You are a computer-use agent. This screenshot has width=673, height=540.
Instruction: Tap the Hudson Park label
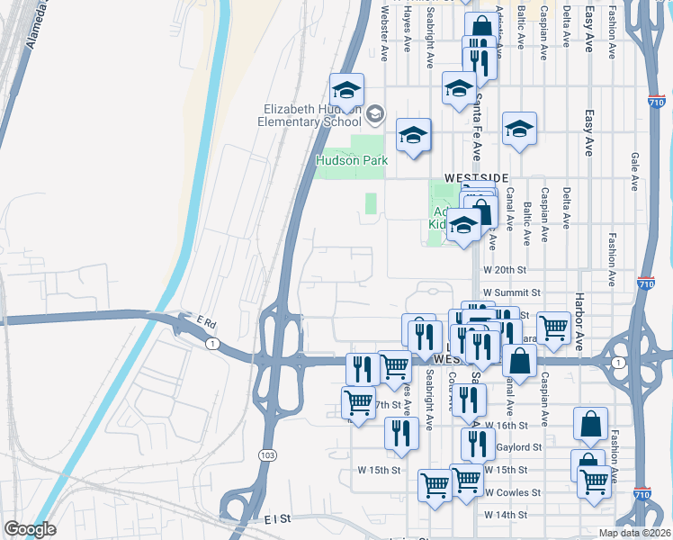(351, 160)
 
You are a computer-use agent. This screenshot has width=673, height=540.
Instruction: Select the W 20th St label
(504, 269)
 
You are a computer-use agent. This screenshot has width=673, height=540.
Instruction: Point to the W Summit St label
(511, 292)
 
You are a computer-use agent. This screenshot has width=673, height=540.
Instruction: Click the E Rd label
(208, 322)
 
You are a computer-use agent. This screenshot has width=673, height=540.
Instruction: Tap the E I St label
(280, 519)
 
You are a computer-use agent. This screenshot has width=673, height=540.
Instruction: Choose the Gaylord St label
(520, 446)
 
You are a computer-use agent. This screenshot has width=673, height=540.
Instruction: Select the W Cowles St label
(512, 492)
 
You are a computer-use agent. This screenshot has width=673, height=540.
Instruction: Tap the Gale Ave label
(634, 170)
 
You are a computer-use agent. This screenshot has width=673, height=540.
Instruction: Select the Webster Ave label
(384, 34)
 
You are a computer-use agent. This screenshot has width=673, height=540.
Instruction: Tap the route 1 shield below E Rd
(210, 344)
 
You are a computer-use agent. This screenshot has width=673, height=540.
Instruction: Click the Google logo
(30, 528)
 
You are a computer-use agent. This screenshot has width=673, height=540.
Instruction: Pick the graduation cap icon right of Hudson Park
(414, 135)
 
